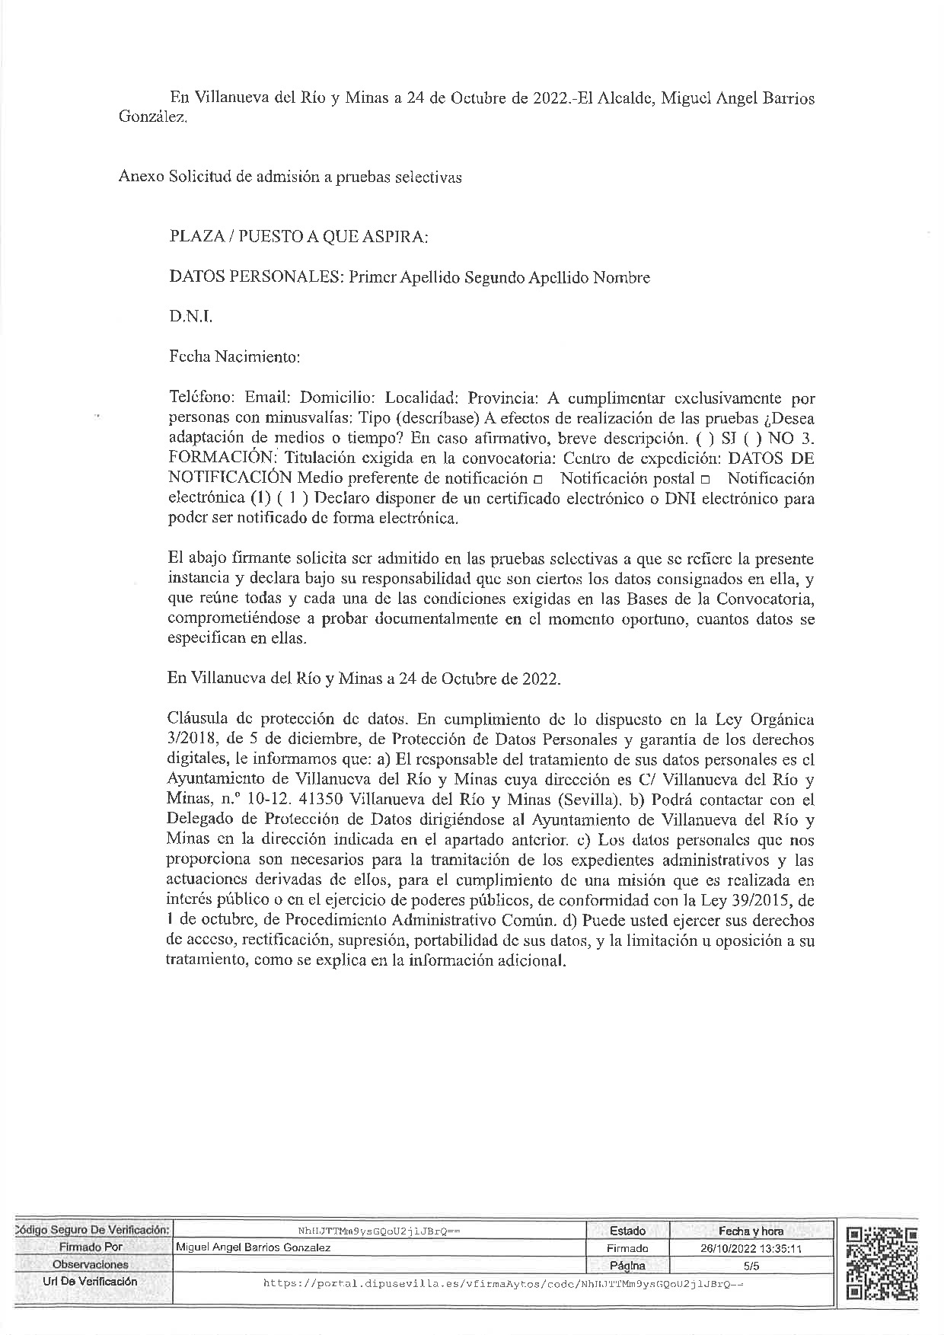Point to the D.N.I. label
190,317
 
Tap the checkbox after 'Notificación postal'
705,480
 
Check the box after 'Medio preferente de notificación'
538,480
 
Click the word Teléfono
201,397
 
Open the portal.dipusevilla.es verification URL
502,1283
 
